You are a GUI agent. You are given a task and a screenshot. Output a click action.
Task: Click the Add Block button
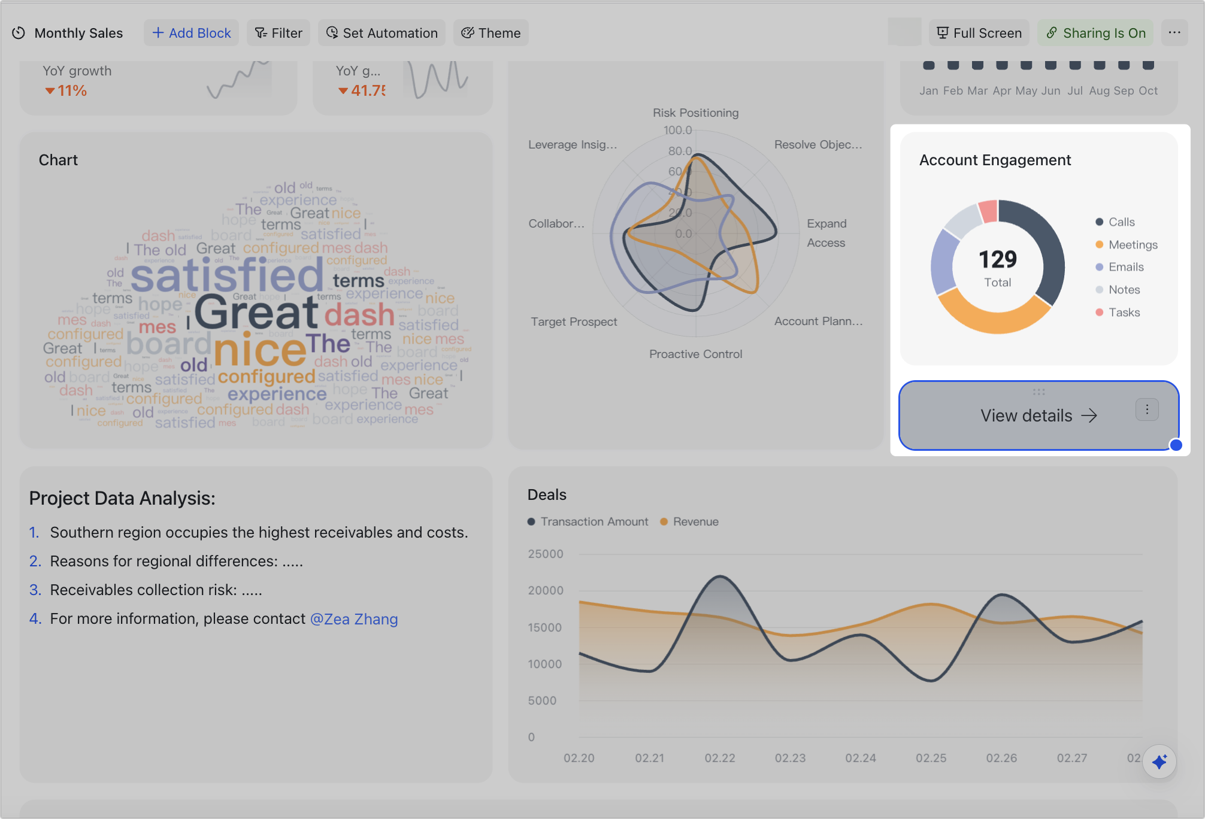click(x=191, y=33)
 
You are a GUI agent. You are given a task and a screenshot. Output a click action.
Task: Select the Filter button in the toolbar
click(x=278, y=33)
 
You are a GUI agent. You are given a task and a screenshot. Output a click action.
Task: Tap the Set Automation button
click(x=382, y=33)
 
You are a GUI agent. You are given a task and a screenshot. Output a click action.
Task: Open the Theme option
click(x=491, y=33)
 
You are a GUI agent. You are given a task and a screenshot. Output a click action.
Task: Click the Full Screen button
click(x=979, y=33)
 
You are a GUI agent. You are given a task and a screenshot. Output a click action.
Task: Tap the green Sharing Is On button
click(x=1095, y=33)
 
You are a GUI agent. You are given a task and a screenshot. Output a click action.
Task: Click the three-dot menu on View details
click(x=1147, y=409)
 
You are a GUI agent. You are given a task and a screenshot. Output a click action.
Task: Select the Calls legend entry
click(x=1121, y=222)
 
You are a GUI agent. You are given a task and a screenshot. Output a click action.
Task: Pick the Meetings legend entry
click(x=1132, y=245)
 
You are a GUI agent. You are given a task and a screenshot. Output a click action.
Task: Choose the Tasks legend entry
click(x=1124, y=313)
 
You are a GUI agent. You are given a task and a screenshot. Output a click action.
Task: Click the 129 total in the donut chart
click(x=998, y=260)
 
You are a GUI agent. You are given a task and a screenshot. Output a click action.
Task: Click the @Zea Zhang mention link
click(x=354, y=619)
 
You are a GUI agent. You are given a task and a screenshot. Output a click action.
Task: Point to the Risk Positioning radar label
click(x=695, y=113)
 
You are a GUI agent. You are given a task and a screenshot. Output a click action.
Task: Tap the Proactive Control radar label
click(x=695, y=354)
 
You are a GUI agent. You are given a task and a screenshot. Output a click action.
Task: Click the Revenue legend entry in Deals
click(x=695, y=521)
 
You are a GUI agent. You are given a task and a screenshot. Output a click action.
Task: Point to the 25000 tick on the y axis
click(x=545, y=554)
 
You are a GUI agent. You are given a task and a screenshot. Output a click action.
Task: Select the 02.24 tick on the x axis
click(x=861, y=758)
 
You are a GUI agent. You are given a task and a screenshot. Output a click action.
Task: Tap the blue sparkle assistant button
click(x=1159, y=762)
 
